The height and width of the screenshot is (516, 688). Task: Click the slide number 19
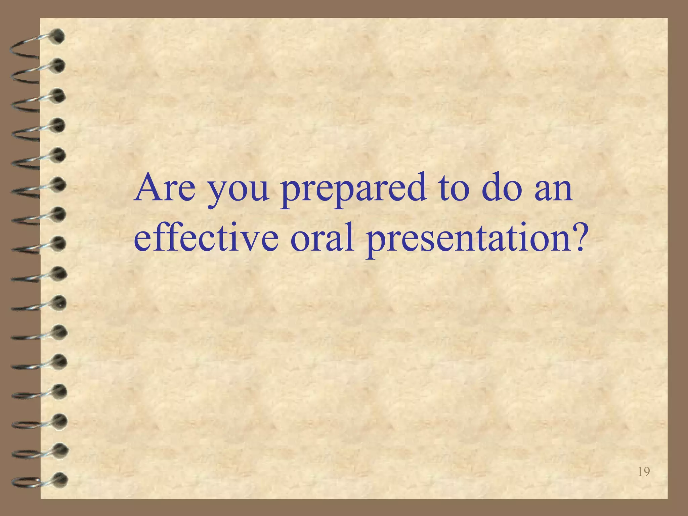[643, 472]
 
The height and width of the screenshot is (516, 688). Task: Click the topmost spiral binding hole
[58, 36]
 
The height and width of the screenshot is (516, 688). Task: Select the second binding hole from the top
[58, 66]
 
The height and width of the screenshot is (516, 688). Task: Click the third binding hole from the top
[58, 95]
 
